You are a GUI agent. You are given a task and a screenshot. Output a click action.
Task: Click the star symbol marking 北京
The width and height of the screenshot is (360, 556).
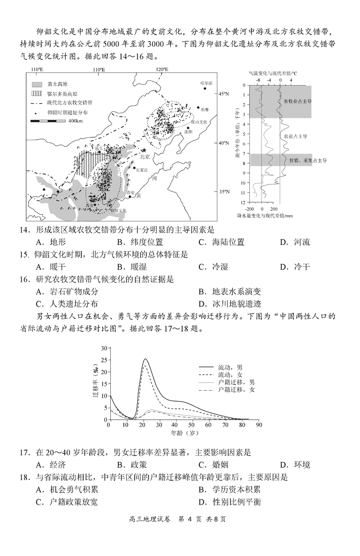(x=144, y=150)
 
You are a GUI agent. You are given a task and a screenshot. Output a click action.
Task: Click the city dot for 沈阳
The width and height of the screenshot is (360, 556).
(x=188, y=128)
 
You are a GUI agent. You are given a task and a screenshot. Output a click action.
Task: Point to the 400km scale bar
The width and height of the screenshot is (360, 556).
(x=48, y=121)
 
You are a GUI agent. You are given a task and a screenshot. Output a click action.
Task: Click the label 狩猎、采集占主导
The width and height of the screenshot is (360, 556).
(x=299, y=160)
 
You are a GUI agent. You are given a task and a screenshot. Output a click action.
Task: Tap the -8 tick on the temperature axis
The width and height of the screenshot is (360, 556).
(x=258, y=80)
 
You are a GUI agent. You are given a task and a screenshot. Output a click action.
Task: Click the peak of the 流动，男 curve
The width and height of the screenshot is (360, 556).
(x=145, y=359)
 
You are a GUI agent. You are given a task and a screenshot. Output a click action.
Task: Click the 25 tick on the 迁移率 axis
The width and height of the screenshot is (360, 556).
(x=105, y=360)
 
